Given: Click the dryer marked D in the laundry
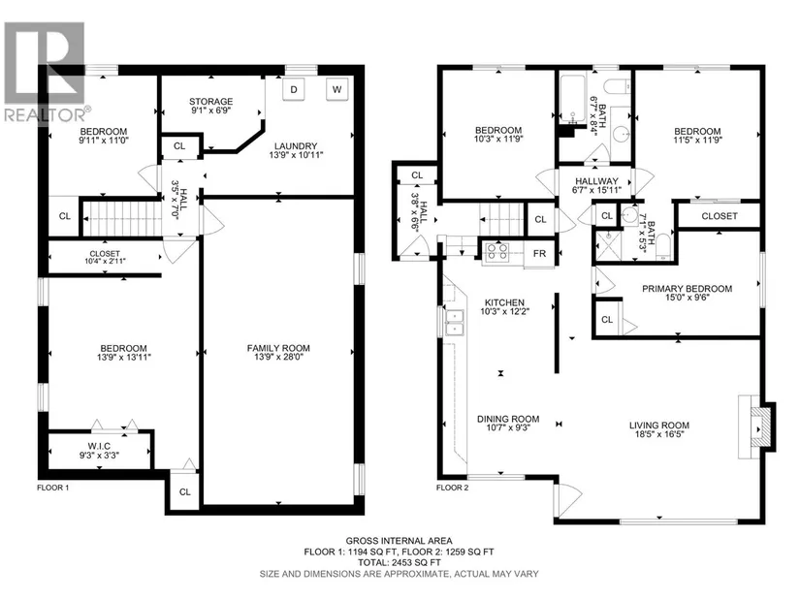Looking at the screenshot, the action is pyautogui.click(x=294, y=90).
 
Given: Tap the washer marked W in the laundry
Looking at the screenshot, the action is pyautogui.click(x=336, y=90).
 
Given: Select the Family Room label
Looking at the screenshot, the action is pyautogui.click(x=278, y=348).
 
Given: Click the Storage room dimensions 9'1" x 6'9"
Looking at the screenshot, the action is pyautogui.click(x=211, y=110).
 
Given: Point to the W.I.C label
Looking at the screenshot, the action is pyautogui.click(x=99, y=446).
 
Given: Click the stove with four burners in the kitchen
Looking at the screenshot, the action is pyautogui.click(x=496, y=252).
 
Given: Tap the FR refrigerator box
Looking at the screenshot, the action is pyautogui.click(x=539, y=253).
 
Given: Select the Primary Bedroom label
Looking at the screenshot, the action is pyautogui.click(x=687, y=289).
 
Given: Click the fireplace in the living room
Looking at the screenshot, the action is pyautogui.click(x=756, y=427).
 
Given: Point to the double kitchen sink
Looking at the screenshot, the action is pyautogui.click(x=454, y=323).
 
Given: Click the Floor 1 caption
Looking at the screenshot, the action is pyautogui.click(x=53, y=488).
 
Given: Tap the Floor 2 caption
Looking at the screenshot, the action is pyautogui.click(x=452, y=488).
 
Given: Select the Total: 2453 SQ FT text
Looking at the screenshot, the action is pyautogui.click(x=399, y=562).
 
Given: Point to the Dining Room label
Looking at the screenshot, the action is pyautogui.click(x=508, y=419).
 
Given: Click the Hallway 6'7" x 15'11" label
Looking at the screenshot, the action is pyautogui.click(x=596, y=186).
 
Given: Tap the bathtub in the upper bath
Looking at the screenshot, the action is pyautogui.click(x=572, y=100).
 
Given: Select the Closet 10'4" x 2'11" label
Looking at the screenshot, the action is pyautogui.click(x=105, y=257).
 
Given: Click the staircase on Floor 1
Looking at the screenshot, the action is pyautogui.click(x=120, y=218).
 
